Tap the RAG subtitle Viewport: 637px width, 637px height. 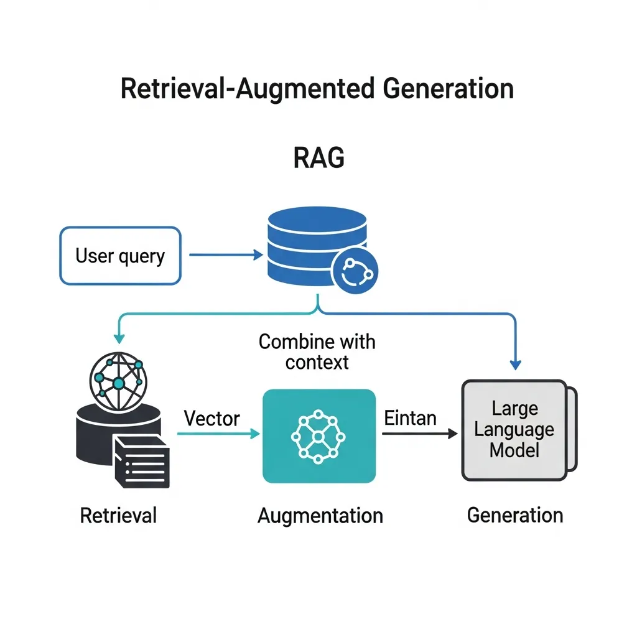[318, 159]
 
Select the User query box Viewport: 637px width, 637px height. [120, 256]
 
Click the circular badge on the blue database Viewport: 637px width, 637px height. [355, 272]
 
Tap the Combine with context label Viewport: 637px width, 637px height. [317, 351]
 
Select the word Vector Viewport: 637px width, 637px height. [212, 418]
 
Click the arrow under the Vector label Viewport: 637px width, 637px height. [218, 434]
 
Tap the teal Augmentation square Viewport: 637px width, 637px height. [318, 436]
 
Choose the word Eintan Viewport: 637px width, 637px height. [410, 418]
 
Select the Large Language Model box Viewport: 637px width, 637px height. [516, 429]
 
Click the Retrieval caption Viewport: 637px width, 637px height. [118, 515]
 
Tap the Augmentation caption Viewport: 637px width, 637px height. [320, 515]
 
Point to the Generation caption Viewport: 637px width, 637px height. [515, 515]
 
